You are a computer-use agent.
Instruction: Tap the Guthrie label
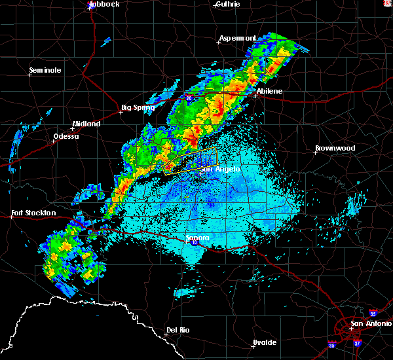click(227, 4)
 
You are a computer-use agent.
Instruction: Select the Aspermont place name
click(237, 38)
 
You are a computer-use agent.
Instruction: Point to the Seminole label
click(45, 70)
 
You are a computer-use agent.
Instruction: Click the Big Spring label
click(138, 107)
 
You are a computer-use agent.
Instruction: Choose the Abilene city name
click(269, 91)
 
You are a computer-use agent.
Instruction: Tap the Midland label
click(86, 124)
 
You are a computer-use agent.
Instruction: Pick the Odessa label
click(65, 136)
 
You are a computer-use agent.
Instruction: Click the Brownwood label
click(335, 148)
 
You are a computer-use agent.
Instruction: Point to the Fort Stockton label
click(33, 213)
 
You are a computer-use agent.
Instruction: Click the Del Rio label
click(178, 330)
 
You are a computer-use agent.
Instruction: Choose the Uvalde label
click(265, 342)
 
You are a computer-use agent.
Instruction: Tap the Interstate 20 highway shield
click(189, 98)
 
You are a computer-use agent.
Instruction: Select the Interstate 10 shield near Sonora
click(195, 243)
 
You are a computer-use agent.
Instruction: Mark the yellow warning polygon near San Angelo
click(190, 159)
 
